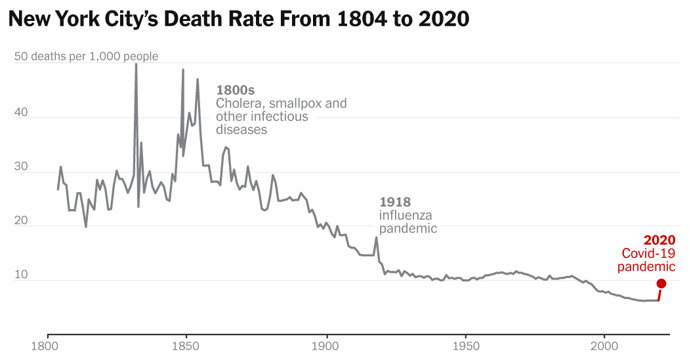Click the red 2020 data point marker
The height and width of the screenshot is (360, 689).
tap(661, 283)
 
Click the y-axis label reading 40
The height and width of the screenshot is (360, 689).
tap(21, 113)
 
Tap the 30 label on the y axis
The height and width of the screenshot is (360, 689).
tap(21, 167)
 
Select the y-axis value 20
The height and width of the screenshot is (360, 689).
tap(21, 222)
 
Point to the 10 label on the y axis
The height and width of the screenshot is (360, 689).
tap(21, 276)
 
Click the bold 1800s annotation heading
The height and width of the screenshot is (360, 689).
tap(235, 90)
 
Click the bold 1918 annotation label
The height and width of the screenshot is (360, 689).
tap(395, 202)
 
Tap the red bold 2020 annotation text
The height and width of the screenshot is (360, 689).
tap(659, 241)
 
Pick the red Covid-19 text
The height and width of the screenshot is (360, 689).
tap(648, 254)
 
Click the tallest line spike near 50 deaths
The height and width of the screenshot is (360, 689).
tap(136, 65)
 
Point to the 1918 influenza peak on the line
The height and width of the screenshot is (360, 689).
tap(376, 237)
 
